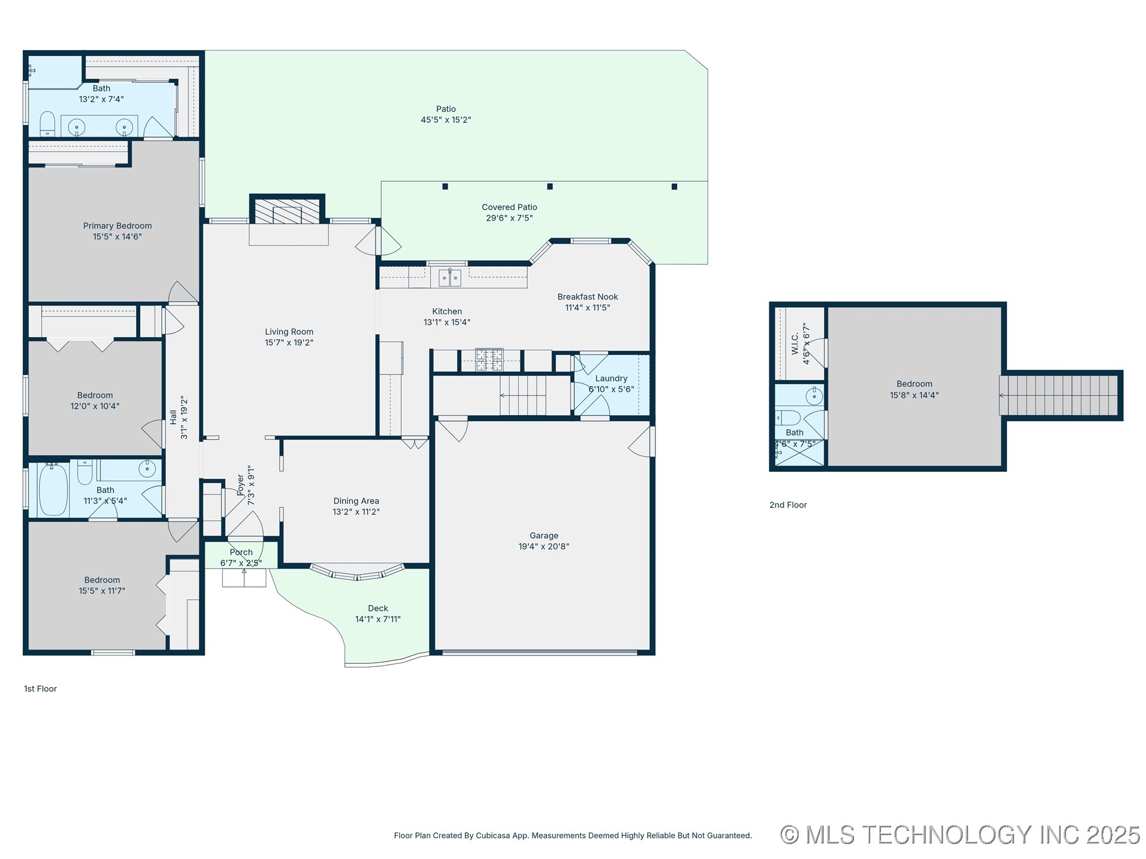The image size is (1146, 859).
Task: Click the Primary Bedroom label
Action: click(x=118, y=225)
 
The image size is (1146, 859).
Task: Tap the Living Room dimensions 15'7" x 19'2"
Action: click(x=289, y=342)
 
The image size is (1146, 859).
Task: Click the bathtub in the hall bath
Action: click(x=53, y=490)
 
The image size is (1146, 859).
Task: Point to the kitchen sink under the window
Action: click(x=449, y=277)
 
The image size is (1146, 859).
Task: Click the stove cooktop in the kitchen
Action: click(x=489, y=360)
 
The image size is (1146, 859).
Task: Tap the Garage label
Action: click(x=544, y=536)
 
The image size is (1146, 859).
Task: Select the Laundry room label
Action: click(x=611, y=378)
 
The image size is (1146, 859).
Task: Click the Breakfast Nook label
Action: click(x=587, y=296)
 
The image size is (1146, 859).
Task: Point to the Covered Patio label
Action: click(x=509, y=207)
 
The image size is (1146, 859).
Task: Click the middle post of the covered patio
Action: click(x=550, y=187)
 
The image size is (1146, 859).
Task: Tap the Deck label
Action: click(x=378, y=608)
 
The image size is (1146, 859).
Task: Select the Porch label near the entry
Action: click(x=241, y=552)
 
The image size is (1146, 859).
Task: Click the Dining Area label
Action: click(x=356, y=501)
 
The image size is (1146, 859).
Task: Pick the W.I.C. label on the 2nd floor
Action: click(x=795, y=344)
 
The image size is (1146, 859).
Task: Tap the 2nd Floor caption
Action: click(x=788, y=505)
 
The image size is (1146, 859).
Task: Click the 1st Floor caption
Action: click(x=40, y=688)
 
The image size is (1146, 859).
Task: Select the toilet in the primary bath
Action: click(x=47, y=124)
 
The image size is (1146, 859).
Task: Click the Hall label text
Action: click(x=173, y=417)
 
